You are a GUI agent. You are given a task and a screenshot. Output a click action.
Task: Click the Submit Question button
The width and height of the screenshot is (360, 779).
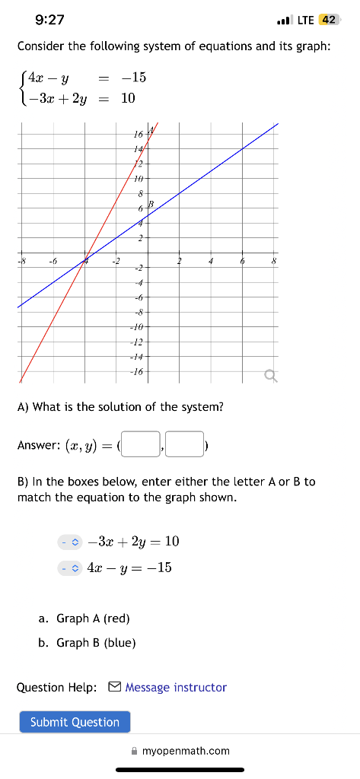(x=75, y=722)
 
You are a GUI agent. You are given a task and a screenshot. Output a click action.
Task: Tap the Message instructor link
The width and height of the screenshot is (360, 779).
(x=176, y=688)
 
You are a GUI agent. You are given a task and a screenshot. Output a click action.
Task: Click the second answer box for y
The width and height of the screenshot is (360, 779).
(x=185, y=444)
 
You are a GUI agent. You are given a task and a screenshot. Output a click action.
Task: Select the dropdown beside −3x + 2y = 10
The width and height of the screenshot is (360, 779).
(x=69, y=542)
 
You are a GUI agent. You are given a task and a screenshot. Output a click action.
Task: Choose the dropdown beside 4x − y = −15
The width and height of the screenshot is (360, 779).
(x=69, y=568)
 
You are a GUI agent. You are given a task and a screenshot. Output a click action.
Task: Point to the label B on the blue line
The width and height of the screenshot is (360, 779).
(x=151, y=204)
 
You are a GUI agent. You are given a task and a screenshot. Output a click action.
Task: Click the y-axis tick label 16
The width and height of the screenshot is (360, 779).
(x=138, y=135)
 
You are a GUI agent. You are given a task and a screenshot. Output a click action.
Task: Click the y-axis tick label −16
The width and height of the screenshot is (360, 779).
(x=136, y=372)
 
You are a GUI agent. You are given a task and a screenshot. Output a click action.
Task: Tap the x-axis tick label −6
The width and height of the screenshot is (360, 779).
(x=53, y=262)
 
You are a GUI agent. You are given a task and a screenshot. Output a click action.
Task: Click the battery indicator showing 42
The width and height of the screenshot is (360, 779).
(x=330, y=20)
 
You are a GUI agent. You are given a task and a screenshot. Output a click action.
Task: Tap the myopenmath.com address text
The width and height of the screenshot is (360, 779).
(x=186, y=751)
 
